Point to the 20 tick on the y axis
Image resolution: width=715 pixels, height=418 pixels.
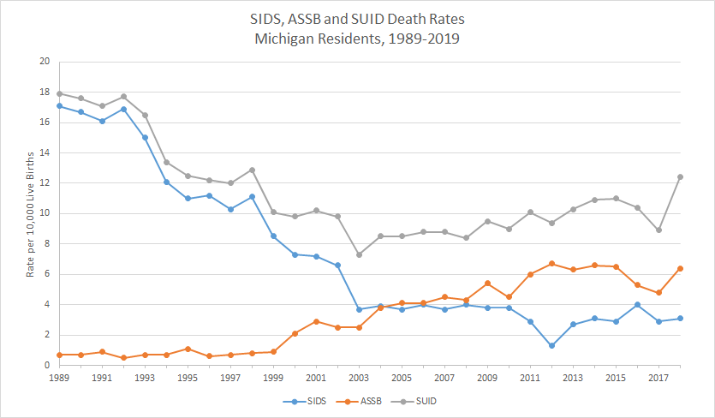click(x=45, y=62)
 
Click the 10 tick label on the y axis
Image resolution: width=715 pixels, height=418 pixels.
click(x=45, y=213)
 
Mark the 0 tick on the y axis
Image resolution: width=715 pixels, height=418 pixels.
click(x=47, y=365)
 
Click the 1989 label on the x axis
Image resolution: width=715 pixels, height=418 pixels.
click(x=58, y=377)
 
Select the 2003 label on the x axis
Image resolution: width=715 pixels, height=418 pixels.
click(x=358, y=377)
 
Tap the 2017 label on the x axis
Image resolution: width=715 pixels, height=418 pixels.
click(x=658, y=377)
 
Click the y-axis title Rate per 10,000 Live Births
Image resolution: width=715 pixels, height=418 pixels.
click(x=30, y=213)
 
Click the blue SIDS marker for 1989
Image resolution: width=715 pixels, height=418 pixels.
click(x=59, y=105)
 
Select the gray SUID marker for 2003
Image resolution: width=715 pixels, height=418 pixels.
click(x=359, y=254)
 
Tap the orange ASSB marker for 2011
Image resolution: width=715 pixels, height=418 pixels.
click(x=530, y=274)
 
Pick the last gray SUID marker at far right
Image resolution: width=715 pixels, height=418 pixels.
click(x=680, y=176)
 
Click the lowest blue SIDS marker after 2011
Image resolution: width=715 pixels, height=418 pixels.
click(x=551, y=345)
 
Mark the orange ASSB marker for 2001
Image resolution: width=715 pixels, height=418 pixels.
click(x=316, y=321)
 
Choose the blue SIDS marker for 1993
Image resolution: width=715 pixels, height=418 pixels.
click(x=145, y=137)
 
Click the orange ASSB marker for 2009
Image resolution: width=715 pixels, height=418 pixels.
click(x=487, y=284)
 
